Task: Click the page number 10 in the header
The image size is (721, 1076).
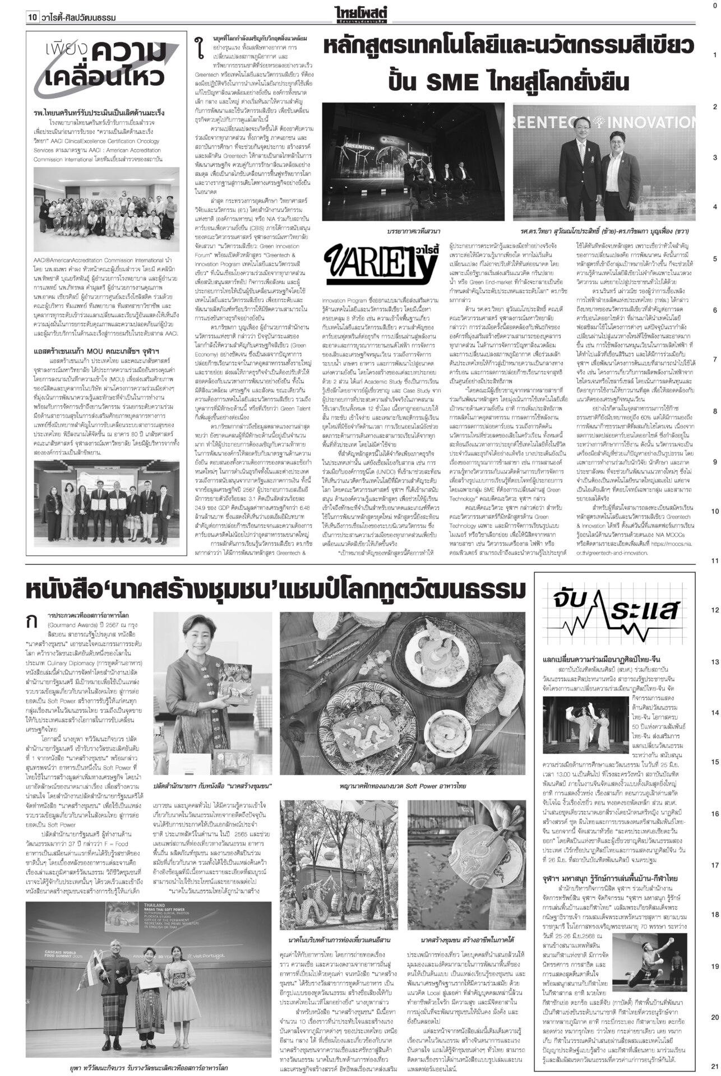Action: (x=31, y=18)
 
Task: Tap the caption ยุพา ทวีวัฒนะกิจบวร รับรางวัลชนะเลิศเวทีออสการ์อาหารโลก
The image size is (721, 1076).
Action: (x=149, y=1068)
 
